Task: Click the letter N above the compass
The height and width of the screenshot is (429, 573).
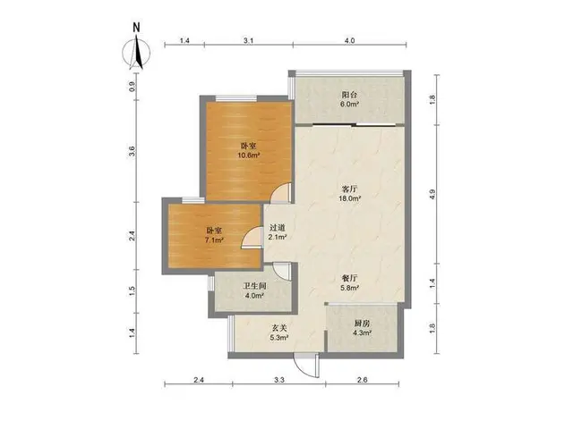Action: pos(137,28)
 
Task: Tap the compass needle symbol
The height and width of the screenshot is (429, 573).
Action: pos(136,52)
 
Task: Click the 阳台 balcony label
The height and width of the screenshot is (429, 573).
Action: pos(350,95)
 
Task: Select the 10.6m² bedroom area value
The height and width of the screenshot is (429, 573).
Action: pos(249,156)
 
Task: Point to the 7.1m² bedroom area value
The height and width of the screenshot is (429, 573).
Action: pos(214,240)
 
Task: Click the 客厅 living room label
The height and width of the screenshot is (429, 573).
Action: pos(350,189)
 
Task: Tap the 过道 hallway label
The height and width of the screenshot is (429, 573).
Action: pos(278,228)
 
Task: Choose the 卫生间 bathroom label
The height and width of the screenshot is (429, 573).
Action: pos(254,286)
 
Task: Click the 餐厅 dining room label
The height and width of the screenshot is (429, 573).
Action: pos(350,278)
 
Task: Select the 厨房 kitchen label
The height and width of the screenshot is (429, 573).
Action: pos(362,324)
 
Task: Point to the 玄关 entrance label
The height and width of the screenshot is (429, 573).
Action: pos(279,328)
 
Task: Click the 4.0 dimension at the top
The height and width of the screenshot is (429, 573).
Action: pos(350,41)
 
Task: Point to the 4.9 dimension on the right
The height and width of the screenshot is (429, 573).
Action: pos(432,195)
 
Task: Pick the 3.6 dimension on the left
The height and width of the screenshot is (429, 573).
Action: pos(133,151)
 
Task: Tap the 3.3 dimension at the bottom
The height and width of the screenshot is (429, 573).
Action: pos(279,380)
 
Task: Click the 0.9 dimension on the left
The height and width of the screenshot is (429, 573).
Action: pos(133,87)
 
